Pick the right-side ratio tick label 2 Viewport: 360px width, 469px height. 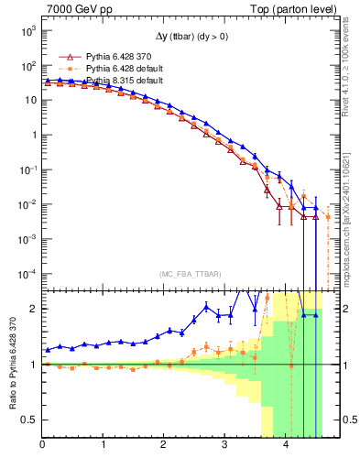(x=345, y=309)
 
